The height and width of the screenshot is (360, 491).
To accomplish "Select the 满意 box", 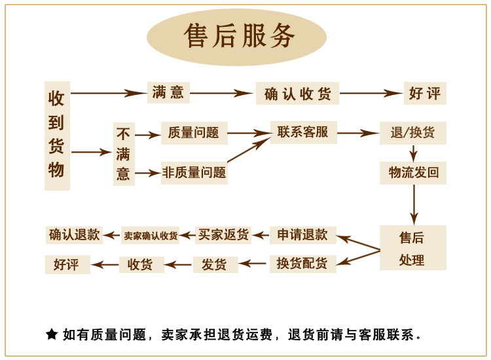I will click(x=168, y=92).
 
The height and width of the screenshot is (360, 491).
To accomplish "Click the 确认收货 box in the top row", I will click(x=297, y=94).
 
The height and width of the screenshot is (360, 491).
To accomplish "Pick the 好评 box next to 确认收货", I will click(x=425, y=93).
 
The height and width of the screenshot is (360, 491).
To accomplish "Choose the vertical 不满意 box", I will click(x=124, y=154).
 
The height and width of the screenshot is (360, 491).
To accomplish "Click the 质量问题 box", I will click(x=194, y=133).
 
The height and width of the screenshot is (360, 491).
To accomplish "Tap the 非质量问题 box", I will click(x=194, y=173).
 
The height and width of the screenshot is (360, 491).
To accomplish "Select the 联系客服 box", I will click(x=303, y=132).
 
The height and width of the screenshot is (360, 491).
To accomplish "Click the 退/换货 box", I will click(x=412, y=133).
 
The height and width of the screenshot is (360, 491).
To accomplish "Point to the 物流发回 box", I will click(x=413, y=173).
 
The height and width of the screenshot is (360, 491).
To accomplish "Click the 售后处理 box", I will click(x=412, y=248).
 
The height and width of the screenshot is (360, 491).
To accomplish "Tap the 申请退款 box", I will click(x=302, y=235).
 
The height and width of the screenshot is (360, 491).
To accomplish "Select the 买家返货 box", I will click(x=223, y=235).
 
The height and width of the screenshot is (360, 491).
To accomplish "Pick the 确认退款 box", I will click(x=75, y=235).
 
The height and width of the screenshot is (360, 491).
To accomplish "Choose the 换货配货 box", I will click(x=302, y=264).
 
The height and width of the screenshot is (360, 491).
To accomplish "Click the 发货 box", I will click(x=215, y=264).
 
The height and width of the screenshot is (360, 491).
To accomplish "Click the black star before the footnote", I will click(x=52, y=334).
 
